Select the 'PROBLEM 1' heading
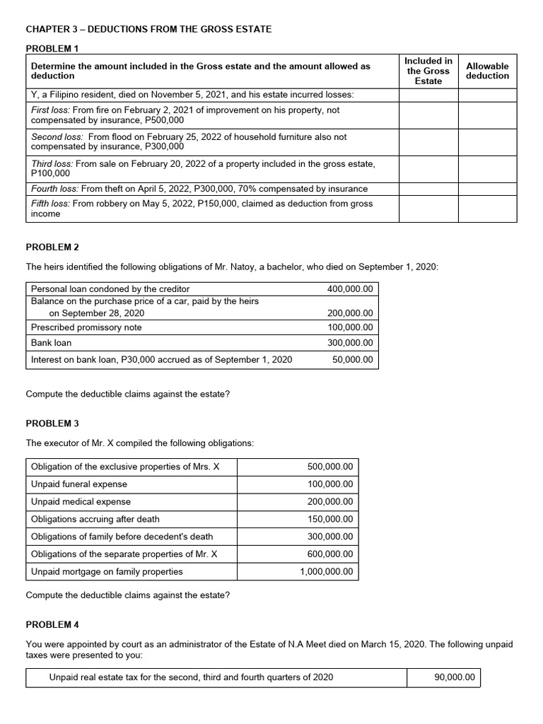[52, 47]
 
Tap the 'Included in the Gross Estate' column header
[428, 71]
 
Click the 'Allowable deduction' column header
[487, 71]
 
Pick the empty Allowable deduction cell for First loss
[487, 115]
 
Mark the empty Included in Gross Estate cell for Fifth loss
[428, 209]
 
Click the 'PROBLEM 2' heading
[52, 247]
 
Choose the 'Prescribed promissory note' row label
[86, 327]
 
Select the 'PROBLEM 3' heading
[52, 423]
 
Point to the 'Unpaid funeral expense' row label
[79, 484]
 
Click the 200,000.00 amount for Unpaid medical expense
[330, 501]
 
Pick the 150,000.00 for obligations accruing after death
[330, 519]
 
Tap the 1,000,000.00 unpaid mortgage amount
[326, 571]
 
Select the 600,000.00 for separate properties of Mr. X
[330, 554]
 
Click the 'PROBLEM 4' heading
[52, 625]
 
